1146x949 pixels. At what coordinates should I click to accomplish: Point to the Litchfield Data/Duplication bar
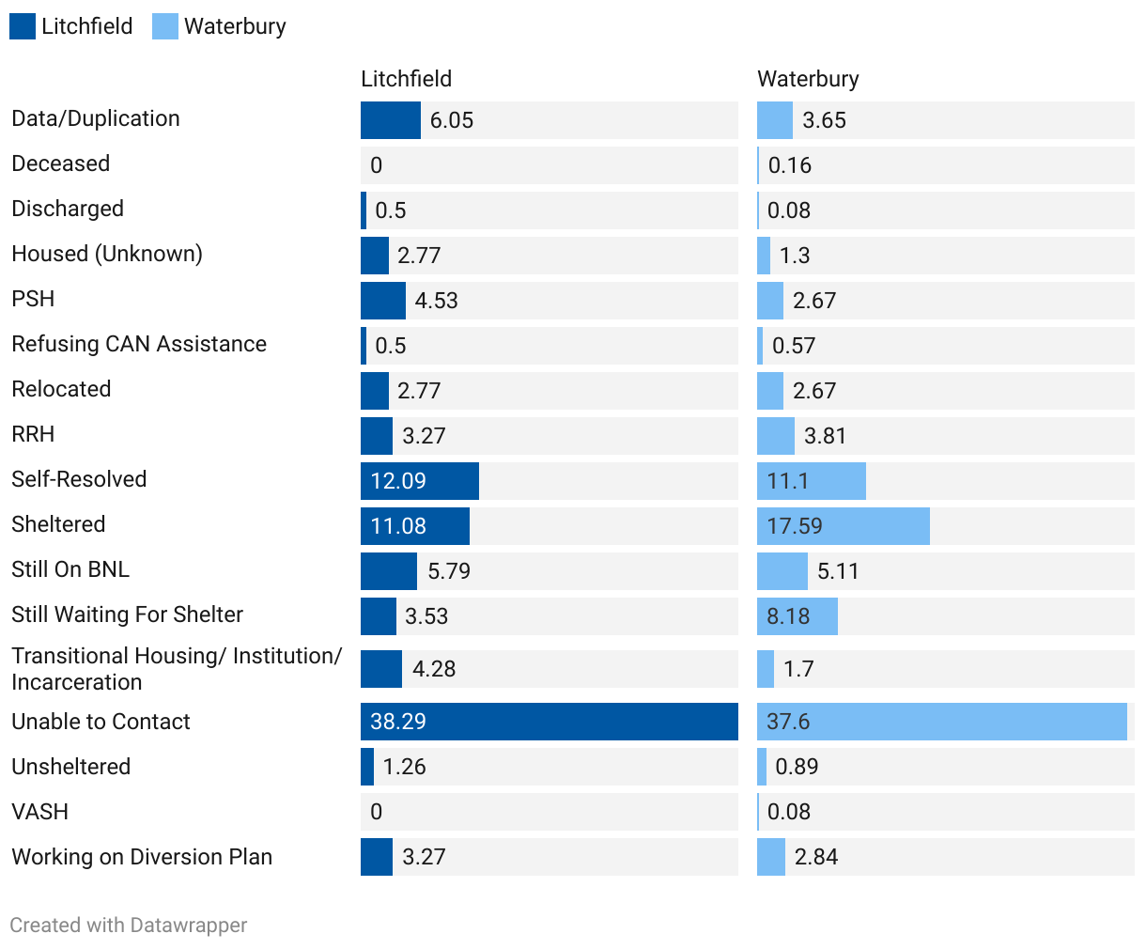coord(391,120)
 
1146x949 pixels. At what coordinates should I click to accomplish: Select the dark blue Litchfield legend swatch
coord(23,26)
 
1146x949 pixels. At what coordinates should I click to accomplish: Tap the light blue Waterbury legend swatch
coord(165,26)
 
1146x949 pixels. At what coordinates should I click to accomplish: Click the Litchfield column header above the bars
coord(406,79)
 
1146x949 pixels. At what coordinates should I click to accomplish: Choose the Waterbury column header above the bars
coord(808,79)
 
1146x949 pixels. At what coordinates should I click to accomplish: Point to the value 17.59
coord(795,526)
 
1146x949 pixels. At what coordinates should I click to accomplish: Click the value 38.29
coord(398,722)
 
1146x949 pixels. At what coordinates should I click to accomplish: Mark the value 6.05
coord(452,120)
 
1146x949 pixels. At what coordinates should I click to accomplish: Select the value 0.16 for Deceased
coord(790,165)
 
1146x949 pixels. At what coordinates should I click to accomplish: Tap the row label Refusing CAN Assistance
coord(139,344)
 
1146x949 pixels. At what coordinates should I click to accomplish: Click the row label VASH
coord(39,812)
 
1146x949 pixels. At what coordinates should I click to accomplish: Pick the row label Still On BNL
coord(70,569)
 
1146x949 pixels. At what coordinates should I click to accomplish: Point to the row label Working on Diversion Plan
coord(142,857)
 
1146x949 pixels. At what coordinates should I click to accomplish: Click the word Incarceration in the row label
coord(77,682)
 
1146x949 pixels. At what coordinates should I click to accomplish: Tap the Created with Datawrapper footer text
coord(129,926)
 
